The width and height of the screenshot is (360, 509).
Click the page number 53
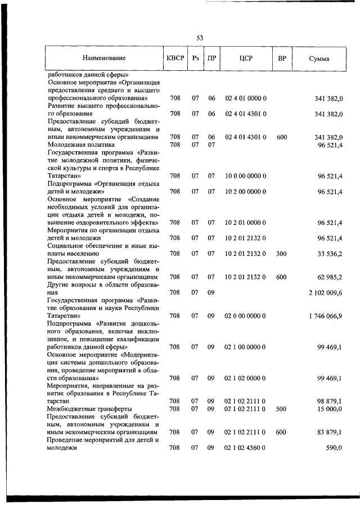[x=200, y=38]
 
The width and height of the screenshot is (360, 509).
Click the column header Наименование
[x=103, y=58]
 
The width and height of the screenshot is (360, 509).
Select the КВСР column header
[x=175, y=58]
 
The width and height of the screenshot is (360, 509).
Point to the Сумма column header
[x=319, y=58]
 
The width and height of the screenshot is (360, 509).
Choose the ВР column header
[x=281, y=58]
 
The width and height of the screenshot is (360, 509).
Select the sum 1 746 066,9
[x=325, y=316]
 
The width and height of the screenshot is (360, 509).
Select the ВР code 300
[x=281, y=253]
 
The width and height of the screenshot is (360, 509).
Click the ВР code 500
[x=281, y=408]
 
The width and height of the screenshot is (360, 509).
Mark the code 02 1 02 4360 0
[x=246, y=448]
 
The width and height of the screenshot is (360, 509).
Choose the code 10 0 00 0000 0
[x=246, y=175]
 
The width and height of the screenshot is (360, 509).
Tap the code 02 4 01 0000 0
[x=246, y=98]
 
